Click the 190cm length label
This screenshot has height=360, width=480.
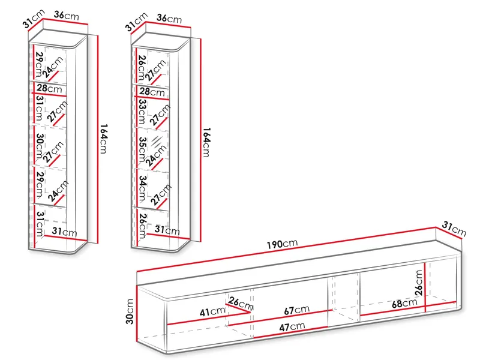[x=282, y=244]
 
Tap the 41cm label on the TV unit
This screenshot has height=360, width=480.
[x=212, y=311]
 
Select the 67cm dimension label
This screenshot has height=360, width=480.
[x=296, y=310]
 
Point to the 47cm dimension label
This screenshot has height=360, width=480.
[x=292, y=326]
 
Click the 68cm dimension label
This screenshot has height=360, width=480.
[x=404, y=303]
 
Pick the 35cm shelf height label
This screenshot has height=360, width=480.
[x=142, y=149]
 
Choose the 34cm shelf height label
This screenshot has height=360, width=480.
[x=142, y=188]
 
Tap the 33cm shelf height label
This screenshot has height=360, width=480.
[x=142, y=112]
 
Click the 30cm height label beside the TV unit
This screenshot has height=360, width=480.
[x=130, y=311]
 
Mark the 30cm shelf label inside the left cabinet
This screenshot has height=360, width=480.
[x=40, y=146]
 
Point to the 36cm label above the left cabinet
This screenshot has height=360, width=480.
[x=66, y=16]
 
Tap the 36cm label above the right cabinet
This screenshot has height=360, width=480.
[x=169, y=19]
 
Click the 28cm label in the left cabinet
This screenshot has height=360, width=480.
[x=50, y=88]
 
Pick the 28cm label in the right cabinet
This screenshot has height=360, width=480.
[x=152, y=91]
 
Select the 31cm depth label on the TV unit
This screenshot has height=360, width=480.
[x=454, y=229]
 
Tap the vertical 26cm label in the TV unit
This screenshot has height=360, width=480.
[x=419, y=282]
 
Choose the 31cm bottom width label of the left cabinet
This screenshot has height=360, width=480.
[x=64, y=232]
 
